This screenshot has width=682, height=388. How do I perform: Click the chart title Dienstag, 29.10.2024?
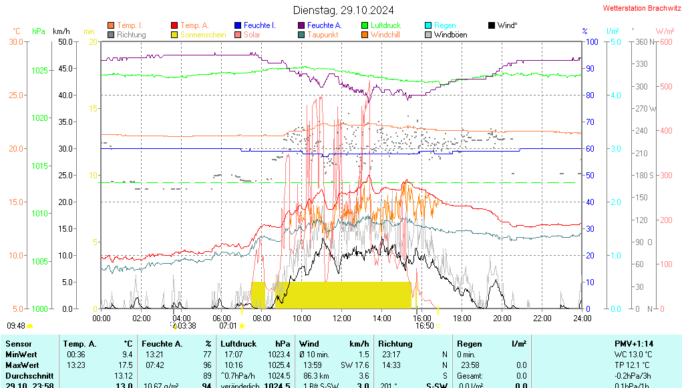point(343,11)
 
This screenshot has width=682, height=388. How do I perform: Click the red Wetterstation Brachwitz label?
point(641,8)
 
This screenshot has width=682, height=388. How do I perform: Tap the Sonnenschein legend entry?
point(203,35)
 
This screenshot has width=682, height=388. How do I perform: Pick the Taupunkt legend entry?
point(323,35)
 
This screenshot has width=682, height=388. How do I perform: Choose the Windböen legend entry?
point(450,35)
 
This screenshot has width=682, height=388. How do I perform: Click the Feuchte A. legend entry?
point(325,25)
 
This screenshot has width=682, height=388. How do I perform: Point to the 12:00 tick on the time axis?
point(342,319)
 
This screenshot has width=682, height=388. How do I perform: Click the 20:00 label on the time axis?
point(502,319)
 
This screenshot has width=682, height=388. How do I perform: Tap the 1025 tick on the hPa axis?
point(40,70)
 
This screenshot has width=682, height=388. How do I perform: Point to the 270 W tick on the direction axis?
point(644,108)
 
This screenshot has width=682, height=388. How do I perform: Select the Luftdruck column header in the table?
point(238,343)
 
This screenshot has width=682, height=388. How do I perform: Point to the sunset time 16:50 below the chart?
point(424,326)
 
